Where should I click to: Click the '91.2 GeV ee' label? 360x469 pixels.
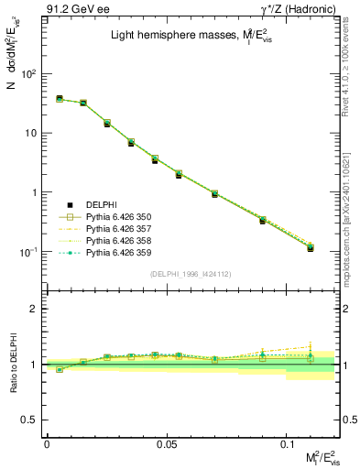point(73,10)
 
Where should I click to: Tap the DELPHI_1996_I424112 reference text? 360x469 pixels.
point(191,274)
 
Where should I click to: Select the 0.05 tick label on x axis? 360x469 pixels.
point(166,443)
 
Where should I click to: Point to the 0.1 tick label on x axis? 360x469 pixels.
point(286,443)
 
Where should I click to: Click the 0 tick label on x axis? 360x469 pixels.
point(47,443)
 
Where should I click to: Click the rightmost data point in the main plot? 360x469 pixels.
point(311,247)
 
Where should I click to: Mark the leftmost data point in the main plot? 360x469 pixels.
point(59,99)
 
